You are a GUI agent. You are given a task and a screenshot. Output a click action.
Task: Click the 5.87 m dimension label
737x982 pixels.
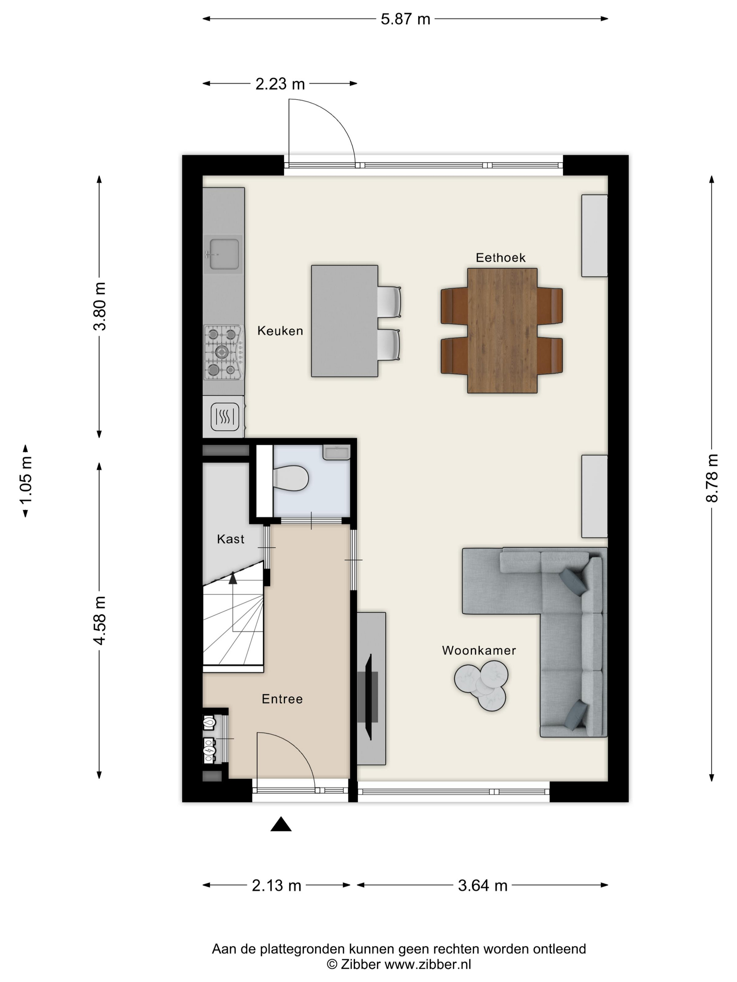pyautogui.click(x=405, y=19)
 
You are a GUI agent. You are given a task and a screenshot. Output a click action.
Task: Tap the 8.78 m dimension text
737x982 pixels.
pyautogui.click(x=712, y=478)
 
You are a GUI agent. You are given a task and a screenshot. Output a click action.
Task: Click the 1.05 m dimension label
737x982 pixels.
pyautogui.click(x=26, y=481)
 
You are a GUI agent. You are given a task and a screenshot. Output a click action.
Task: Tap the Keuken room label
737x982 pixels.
pyautogui.click(x=280, y=331)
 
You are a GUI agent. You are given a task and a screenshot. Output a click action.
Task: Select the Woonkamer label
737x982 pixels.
pyautogui.click(x=479, y=650)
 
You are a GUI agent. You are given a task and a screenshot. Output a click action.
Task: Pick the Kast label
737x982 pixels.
pyautogui.click(x=231, y=539)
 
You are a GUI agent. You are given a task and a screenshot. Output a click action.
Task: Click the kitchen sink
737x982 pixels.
pyautogui.click(x=224, y=254)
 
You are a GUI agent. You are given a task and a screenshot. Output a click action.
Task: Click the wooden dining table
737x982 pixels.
pyautogui.click(x=502, y=331)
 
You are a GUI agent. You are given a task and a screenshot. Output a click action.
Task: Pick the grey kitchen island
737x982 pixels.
pyautogui.click(x=344, y=321)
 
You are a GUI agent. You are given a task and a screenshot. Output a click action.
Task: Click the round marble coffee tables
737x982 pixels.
pyautogui.click(x=481, y=686)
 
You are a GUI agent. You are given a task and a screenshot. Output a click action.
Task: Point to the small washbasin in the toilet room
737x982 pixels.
pyautogui.click(x=337, y=453)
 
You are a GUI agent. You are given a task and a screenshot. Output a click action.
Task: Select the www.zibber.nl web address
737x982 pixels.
pyautogui.click(x=428, y=964)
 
